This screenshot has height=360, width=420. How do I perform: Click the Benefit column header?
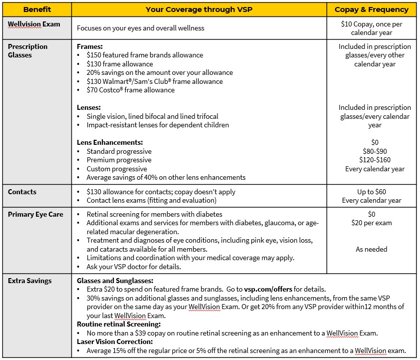[x=37, y=9]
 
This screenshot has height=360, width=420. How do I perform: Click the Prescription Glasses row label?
[x=28, y=51]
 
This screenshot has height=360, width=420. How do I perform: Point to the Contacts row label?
[x=22, y=192]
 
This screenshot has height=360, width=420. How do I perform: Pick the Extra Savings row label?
[x=30, y=281]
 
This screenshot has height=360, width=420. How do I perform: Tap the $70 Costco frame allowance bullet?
[x=130, y=90]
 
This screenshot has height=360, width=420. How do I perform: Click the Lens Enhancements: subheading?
[x=110, y=142]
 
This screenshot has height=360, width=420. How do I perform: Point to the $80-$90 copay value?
[x=375, y=151]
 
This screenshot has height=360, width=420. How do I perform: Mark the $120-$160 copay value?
[x=375, y=160]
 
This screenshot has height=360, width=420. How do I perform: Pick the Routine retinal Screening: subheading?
[x=118, y=324]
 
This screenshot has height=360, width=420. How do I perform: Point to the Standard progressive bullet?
[x=119, y=151]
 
